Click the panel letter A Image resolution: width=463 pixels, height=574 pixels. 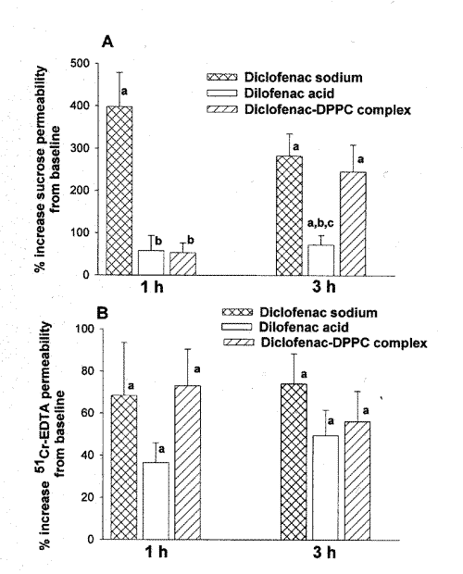pyautogui.click(x=107, y=42)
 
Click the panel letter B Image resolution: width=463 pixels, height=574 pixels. pyautogui.click(x=102, y=314)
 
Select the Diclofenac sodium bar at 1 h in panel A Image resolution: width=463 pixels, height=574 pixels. pyautogui.click(x=119, y=191)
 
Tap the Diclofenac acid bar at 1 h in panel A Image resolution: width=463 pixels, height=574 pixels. pyautogui.click(x=151, y=263)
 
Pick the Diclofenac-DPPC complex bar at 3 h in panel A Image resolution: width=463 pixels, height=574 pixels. pyautogui.click(x=353, y=223)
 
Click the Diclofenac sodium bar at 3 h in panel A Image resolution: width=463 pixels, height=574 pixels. pyautogui.click(x=289, y=216)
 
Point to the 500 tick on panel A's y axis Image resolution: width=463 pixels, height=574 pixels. pyautogui.click(x=95, y=63)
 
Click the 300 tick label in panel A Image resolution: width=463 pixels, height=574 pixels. pyautogui.click(x=80, y=148)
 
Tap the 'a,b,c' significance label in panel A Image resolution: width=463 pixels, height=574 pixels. pyautogui.click(x=320, y=224)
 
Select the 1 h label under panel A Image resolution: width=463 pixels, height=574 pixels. pyautogui.click(x=152, y=288)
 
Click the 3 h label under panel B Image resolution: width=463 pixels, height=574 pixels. pyautogui.click(x=324, y=552)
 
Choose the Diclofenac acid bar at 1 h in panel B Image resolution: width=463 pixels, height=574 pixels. pyautogui.click(x=156, y=501)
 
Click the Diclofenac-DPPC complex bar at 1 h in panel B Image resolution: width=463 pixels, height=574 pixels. pyautogui.click(x=187, y=462)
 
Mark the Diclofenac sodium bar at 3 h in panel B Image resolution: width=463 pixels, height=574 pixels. pyautogui.click(x=294, y=462)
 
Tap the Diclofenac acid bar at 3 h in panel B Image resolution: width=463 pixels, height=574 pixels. pyautogui.click(x=325, y=488)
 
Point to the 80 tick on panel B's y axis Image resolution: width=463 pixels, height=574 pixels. pyautogui.click(x=100, y=371)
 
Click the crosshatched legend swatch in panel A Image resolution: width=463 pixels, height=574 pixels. pyautogui.click(x=222, y=77)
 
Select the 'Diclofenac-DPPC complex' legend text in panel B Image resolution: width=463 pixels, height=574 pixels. pyautogui.click(x=344, y=343)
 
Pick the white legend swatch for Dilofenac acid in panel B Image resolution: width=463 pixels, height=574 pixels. pyautogui.click(x=236, y=327)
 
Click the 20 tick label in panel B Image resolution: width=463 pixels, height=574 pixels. pyautogui.click(x=87, y=497)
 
